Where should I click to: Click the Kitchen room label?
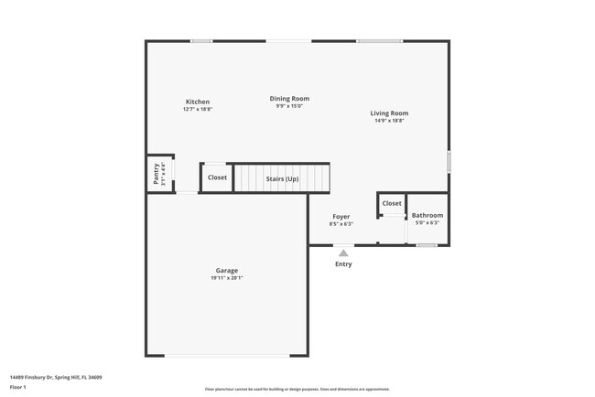coord(198,102)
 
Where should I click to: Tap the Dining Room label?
coord(289,98)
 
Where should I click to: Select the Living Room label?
coord(389,113)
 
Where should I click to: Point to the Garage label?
coord(227,270)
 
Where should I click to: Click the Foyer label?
coord(341,217)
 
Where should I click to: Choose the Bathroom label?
coord(427,215)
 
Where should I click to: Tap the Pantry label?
coord(157,174)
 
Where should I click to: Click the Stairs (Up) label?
coord(282,178)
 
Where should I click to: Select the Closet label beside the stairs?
coord(217,177)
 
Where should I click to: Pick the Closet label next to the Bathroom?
coord(392,203)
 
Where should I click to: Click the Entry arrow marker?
coord(343,253)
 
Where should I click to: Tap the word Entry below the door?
coord(343,264)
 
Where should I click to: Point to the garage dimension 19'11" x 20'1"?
coord(227,278)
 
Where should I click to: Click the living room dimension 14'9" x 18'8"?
coord(389,121)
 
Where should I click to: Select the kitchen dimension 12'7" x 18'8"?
coord(198,110)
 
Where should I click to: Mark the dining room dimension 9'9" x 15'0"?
coord(289,106)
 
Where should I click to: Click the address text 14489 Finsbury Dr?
coord(56,376)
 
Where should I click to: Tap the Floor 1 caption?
coord(18,387)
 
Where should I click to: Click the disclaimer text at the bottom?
coord(297,389)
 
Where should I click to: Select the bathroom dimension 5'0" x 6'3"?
coord(427,222)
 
